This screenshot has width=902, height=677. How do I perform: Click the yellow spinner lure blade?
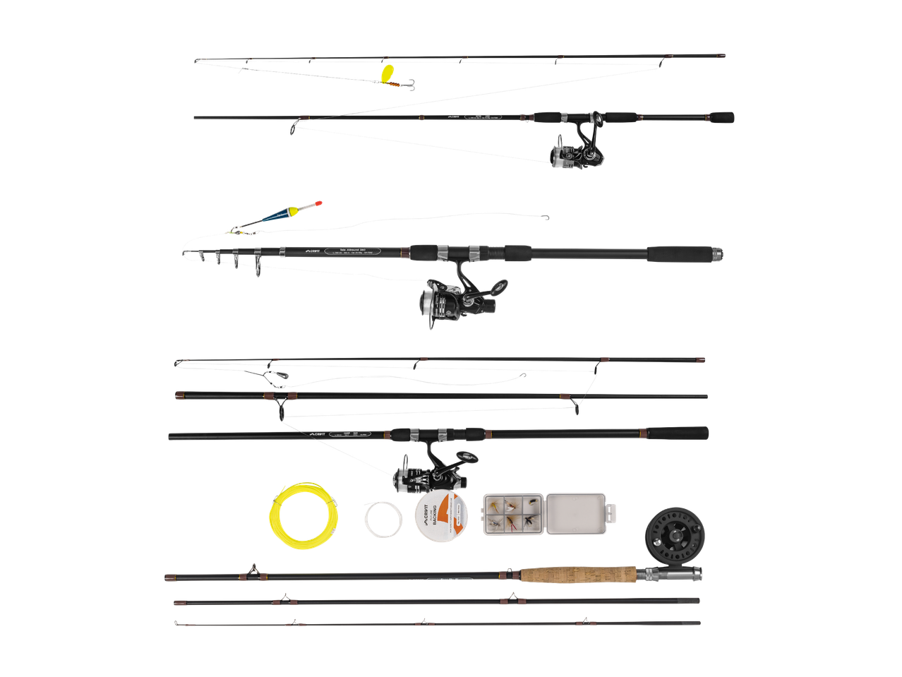coord(387,73)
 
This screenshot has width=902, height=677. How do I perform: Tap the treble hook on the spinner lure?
coord(409,85)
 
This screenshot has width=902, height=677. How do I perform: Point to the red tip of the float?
coord(319,203)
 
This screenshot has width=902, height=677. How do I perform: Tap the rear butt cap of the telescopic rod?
coord(716,253)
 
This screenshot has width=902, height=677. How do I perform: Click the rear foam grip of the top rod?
coord(722,116)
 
